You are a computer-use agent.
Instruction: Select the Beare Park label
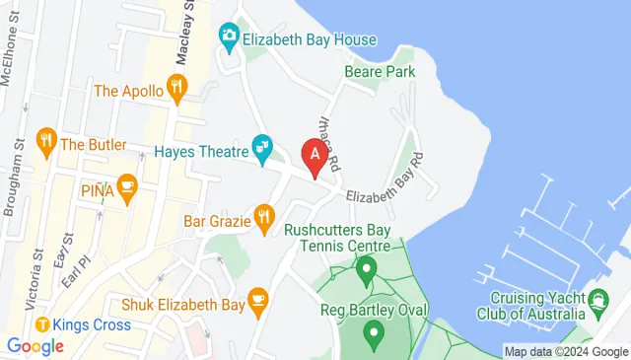(380, 72)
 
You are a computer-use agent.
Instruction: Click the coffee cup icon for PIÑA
(126, 186)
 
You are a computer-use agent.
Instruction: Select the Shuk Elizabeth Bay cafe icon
(257, 303)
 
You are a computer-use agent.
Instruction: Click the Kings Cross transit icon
(42, 324)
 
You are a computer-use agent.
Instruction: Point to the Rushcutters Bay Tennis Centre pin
(366, 267)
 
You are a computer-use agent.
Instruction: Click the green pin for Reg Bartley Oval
(373, 335)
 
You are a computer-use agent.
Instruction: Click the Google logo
(35, 346)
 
